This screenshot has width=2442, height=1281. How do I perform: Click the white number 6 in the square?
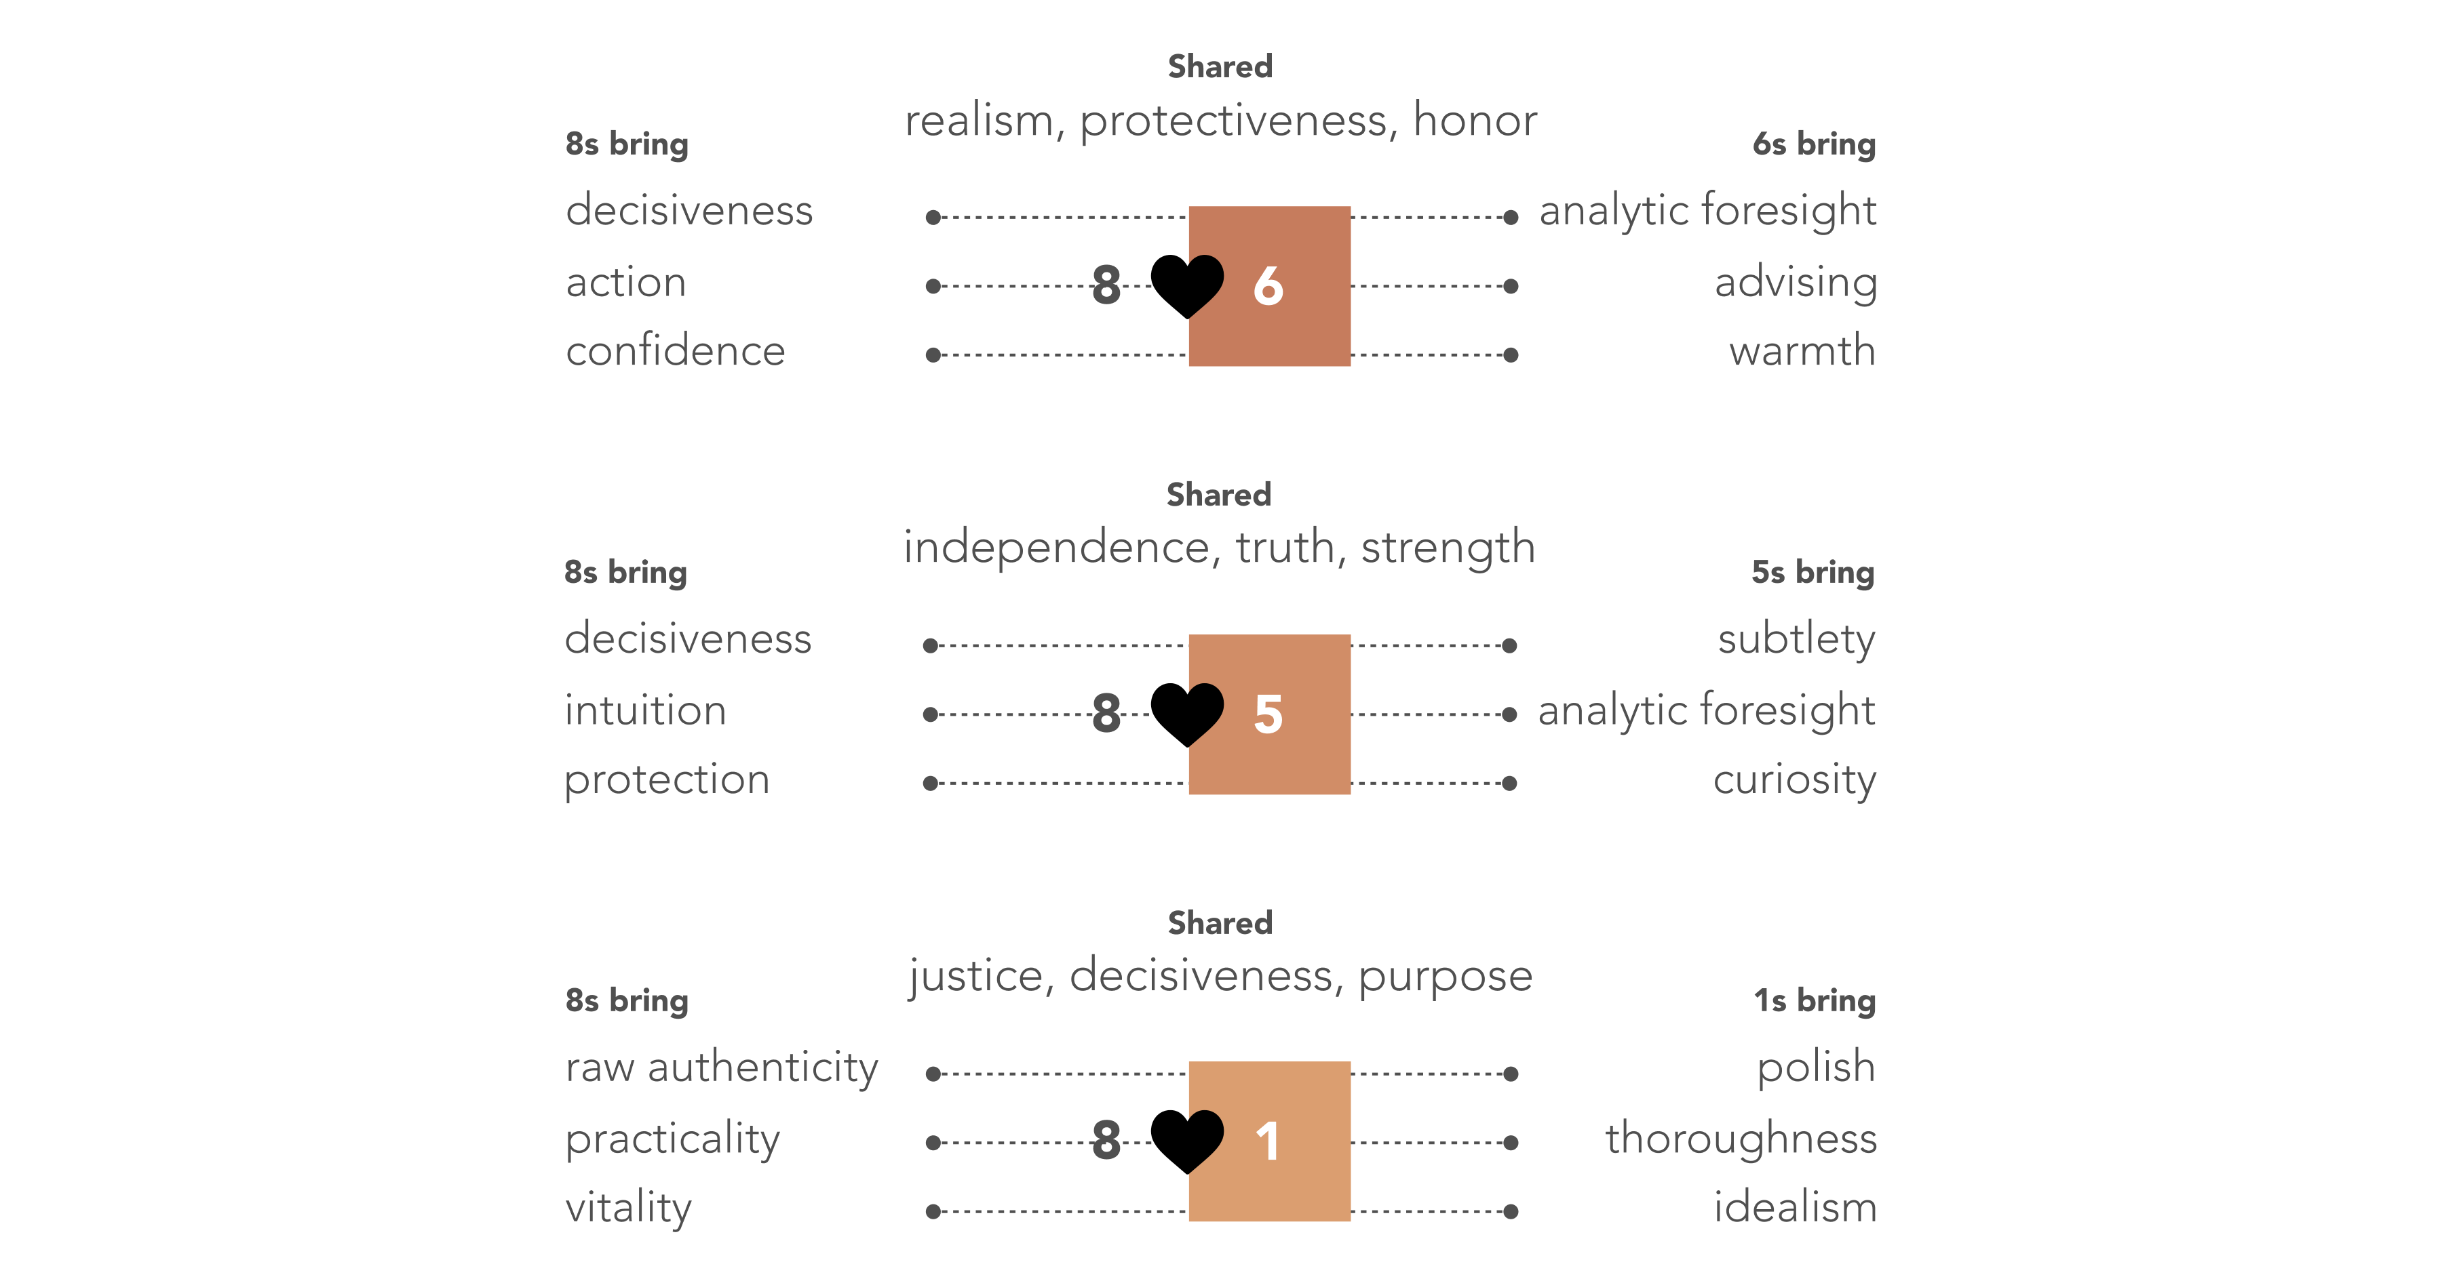pyautogui.click(x=1268, y=285)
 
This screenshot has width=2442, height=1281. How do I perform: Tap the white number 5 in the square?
pyautogui.click(x=1268, y=714)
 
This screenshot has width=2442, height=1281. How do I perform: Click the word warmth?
pyautogui.click(x=1802, y=350)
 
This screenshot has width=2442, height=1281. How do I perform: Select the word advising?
pyautogui.click(x=1796, y=283)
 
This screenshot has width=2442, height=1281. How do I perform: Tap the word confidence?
pyautogui.click(x=676, y=350)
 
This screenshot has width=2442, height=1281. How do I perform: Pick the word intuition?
pyautogui.click(x=646, y=710)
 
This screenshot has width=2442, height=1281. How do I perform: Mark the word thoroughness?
pyautogui.click(x=1741, y=1138)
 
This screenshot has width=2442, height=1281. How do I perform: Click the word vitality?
pyautogui.click(x=629, y=1208)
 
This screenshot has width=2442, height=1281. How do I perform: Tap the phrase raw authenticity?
pyautogui.click(x=722, y=1067)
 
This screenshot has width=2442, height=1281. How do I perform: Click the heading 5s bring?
pyautogui.click(x=1813, y=572)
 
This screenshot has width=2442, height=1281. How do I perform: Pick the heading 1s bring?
pyautogui.click(x=1815, y=1000)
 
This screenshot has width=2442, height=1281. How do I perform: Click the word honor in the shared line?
pyautogui.click(x=1475, y=121)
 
